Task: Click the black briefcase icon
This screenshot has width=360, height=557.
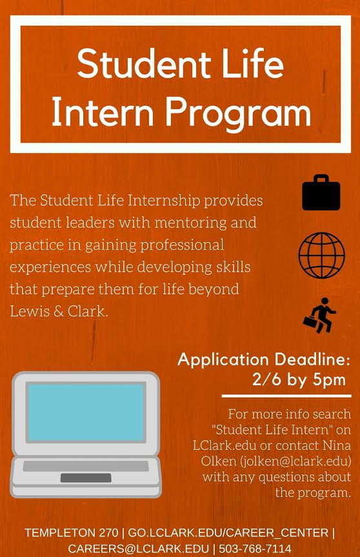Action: [321, 192]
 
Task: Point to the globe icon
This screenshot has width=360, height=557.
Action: [322, 255]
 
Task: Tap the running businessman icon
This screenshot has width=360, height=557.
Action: [319, 316]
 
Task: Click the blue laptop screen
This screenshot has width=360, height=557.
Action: [86, 412]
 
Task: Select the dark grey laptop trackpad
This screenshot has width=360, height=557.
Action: [86, 478]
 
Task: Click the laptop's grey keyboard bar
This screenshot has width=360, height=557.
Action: [86, 466]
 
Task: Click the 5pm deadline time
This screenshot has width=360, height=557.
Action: [329, 380]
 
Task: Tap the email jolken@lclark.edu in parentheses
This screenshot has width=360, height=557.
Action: [295, 461]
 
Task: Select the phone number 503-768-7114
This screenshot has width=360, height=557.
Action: [255, 549]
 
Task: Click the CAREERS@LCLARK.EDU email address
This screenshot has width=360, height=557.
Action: [139, 549]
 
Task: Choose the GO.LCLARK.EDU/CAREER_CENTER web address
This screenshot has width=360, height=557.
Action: [228, 533]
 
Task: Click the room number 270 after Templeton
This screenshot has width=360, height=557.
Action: [108, 533]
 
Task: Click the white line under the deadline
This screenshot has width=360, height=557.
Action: [286, 396]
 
